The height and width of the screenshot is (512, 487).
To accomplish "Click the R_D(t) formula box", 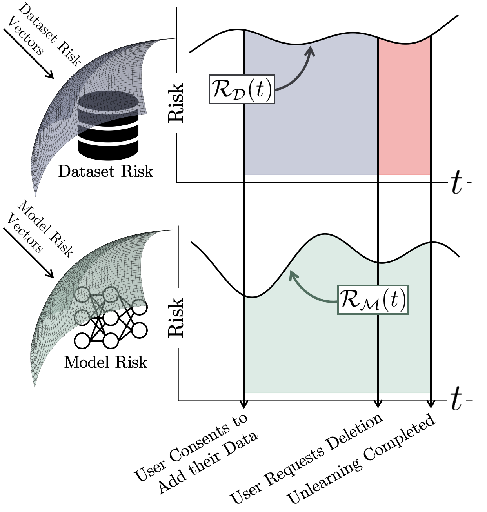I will tap(242, 89).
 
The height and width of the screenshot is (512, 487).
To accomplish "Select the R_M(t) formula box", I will tap(373, 300).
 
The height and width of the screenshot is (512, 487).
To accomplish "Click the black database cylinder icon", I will tap(108, 125).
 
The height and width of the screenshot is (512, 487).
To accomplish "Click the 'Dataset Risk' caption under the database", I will tap(105, 171).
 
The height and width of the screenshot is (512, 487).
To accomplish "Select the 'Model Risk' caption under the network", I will tap(105, 362).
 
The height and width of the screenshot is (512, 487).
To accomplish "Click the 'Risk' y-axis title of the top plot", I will tap(175, 102).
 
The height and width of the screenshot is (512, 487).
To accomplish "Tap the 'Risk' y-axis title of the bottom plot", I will tap(175, 317).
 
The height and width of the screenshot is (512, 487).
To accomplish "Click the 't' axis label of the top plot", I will tap(456, 183).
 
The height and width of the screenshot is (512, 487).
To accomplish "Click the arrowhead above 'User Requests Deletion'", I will tap(378, 404).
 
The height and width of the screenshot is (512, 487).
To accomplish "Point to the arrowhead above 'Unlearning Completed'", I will tap(431, 404).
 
